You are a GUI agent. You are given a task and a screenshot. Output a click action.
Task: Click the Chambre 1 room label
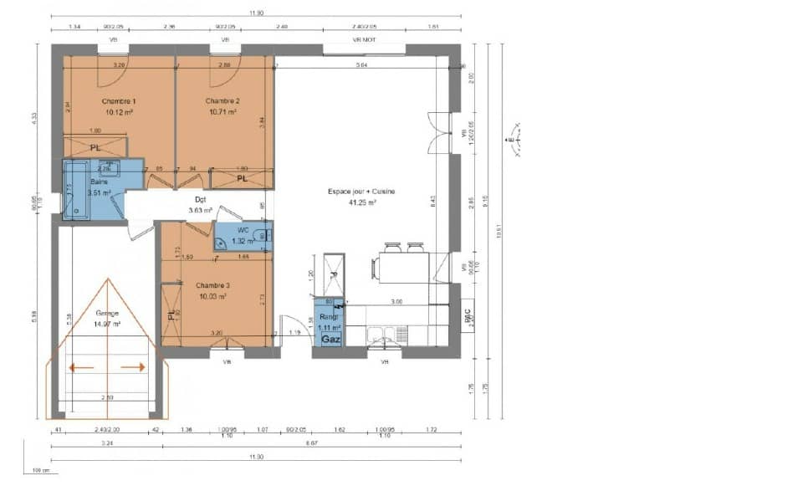[x=120, y=100]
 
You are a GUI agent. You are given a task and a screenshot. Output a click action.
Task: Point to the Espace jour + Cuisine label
[x=361, y=192]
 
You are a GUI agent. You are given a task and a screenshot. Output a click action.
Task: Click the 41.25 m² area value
[x=361, y=202]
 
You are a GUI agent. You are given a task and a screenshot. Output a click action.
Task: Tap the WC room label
[x=243, y=229]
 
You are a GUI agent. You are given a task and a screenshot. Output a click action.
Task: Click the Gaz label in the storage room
[x=330, y=340]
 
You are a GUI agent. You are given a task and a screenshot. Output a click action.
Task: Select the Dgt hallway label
[x=201, y=199]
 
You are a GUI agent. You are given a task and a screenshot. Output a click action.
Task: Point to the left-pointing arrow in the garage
[x=81, y=366]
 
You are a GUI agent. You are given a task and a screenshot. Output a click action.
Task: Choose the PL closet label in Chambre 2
[x=241, y=178]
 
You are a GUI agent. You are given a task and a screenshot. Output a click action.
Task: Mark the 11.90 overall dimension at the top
[x=256, y=13]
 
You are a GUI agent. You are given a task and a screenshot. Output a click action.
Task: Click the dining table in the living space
[x=400, y=269]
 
